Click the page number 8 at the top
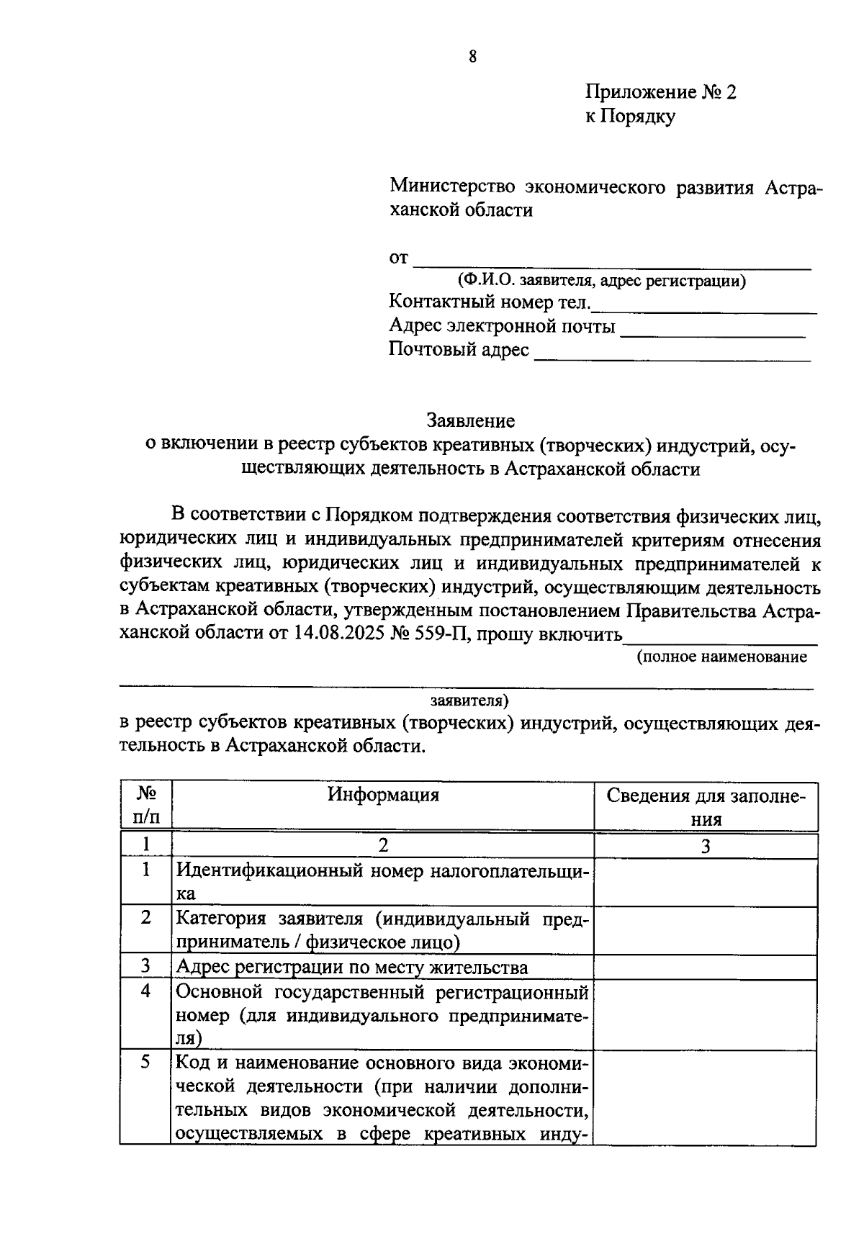point(472,57)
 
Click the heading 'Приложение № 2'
point(661,93)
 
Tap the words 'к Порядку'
point(630,116)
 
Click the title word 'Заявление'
point(471,420)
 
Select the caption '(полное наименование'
point(721,657)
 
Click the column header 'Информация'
point(383,795)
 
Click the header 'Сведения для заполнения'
point(705,807)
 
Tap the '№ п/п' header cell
point(146,806)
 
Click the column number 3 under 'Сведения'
point(705,847)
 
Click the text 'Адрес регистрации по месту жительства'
point(352,967)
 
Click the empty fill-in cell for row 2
point(705,930)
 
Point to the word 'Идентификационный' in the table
point(269,870)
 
